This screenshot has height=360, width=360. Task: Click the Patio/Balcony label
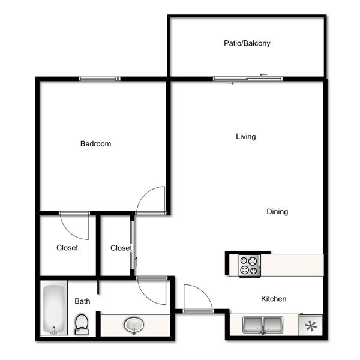tap(247, 43)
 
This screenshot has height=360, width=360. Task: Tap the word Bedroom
tap(95, 144)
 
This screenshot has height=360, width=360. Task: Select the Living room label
tap(245, 137)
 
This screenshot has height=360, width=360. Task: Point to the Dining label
tap(277, 212)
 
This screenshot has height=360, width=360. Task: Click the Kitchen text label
tap(274, 299)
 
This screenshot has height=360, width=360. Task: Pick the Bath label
tap(82, 301)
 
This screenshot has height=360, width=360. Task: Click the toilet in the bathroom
tap(82, 325)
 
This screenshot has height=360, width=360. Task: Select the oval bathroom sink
tap(134, 325)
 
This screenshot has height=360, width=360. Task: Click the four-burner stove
tap(250, 266)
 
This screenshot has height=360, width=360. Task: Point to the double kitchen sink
tap(263, 325)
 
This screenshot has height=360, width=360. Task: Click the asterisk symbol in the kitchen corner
tap(311, 326)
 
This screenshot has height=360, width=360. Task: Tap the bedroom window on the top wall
tap(100, 79)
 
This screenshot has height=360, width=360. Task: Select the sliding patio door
tap(248, 79)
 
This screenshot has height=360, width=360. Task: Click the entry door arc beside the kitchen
tap(203, 290)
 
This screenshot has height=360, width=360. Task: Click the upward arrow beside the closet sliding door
tap(136, 262)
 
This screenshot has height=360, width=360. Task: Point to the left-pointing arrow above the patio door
tap(263, 74)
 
